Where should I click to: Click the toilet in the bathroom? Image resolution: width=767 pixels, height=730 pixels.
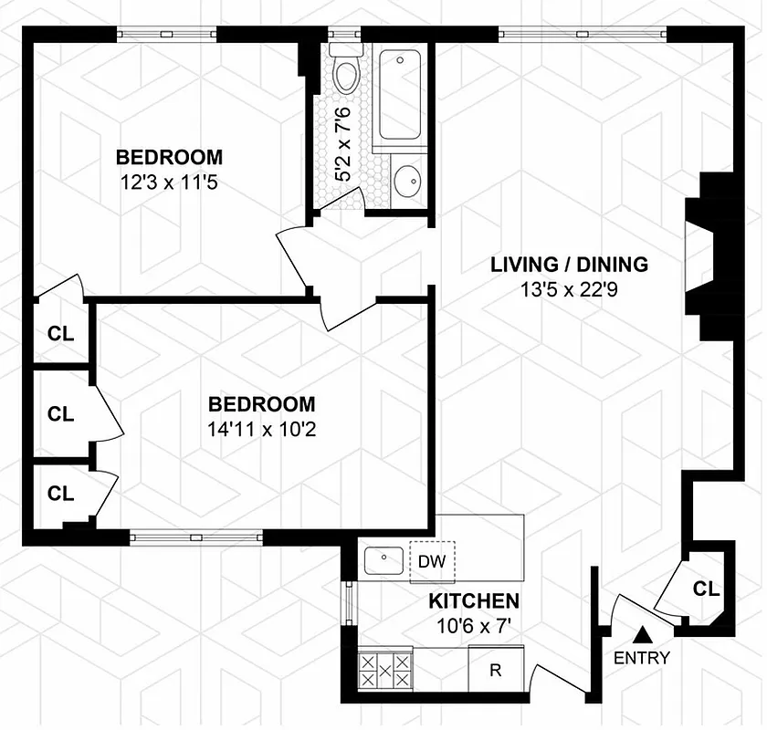point(347,73)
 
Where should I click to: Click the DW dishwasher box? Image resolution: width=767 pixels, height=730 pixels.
point(432,560)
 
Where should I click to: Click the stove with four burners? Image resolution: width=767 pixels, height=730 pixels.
point(384,671)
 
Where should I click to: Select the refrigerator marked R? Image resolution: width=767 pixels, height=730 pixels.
point(496,671)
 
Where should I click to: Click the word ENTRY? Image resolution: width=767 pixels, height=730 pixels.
point(642,657)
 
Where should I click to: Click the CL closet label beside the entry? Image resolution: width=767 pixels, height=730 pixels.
point(706,589)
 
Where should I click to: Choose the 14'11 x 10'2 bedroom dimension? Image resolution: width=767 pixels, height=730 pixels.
point(261,430)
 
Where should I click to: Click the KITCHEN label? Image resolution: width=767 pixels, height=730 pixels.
point(474,601)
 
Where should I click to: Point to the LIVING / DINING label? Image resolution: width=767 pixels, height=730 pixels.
point(570,265)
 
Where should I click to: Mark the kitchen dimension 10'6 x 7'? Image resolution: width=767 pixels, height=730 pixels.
point(474,628)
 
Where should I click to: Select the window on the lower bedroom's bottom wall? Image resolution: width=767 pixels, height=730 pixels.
point(195,537)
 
